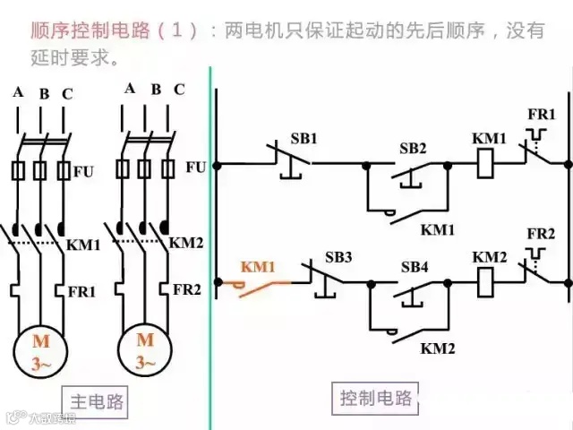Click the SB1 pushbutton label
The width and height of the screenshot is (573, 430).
tap(304, 139)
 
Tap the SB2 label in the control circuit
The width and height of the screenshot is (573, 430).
tap(413, 148)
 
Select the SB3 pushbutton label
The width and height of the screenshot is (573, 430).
tap(338, 258)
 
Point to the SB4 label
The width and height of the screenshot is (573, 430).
tap(415, 267)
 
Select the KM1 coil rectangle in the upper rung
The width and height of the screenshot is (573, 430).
tap(487, 164)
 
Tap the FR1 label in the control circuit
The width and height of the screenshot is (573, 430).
tap(543, 116)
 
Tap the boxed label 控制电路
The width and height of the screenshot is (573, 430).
tap(376, 397)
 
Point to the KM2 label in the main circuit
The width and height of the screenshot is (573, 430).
tap(186, 243)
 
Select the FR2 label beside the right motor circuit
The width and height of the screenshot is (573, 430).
tap(187, 289)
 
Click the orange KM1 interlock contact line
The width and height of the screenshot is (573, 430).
tap(269, 283)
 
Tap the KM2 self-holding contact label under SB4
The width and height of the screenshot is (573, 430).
tap(439, 347)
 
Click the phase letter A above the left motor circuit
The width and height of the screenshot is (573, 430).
tap(18, 92)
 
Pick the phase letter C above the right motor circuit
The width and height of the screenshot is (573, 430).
tap(179, 89)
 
